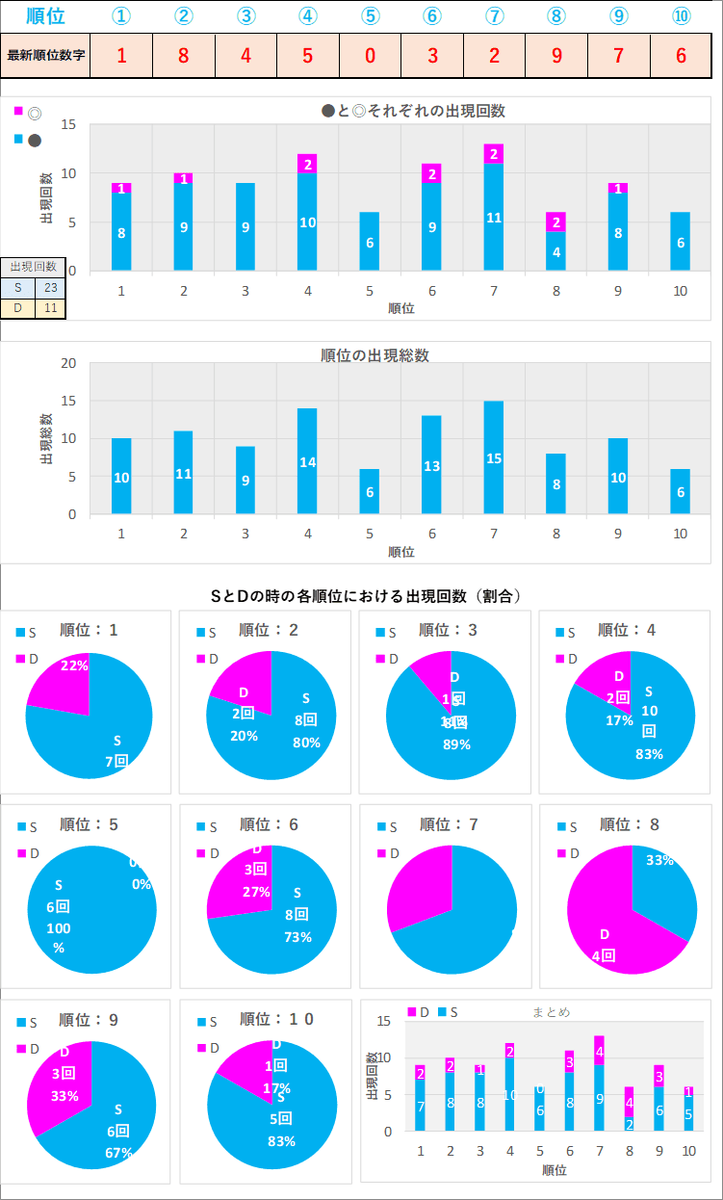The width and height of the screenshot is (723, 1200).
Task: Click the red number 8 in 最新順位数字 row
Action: click(x=184, y=55)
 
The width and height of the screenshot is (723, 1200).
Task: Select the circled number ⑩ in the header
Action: click(x=682, y=16)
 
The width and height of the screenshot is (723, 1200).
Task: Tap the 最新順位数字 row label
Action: click(x=45, y=55)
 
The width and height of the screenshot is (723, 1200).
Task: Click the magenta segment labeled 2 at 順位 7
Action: click(x=494, y=154)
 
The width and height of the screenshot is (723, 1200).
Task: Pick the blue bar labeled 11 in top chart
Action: click(x=494, y=217)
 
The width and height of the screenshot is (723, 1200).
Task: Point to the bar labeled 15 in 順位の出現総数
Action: click(x=494, y=458)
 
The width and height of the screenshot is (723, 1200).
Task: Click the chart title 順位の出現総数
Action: click(x=374, y=355)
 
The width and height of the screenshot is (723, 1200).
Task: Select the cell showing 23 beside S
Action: click(x=50, y=287)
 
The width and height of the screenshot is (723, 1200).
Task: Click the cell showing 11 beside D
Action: click(x=50, y=308)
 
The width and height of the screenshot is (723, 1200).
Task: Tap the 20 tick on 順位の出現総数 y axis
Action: click(x=68, y=363)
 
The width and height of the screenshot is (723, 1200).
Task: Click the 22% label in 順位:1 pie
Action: click(x=74, y=665)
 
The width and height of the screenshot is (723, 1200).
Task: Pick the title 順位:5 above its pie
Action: click(x=89, y=824)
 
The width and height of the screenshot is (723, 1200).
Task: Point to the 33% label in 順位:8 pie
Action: click(x=659, y=860)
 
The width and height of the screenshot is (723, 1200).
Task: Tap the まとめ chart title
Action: click(x=552, y=1011)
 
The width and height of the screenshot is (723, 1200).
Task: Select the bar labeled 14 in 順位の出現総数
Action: click(x=307, y=461)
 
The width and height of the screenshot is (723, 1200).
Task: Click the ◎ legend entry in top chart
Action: click(x=29, y=113)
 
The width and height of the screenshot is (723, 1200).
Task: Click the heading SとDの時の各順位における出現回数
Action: click(x=366, y=596)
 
